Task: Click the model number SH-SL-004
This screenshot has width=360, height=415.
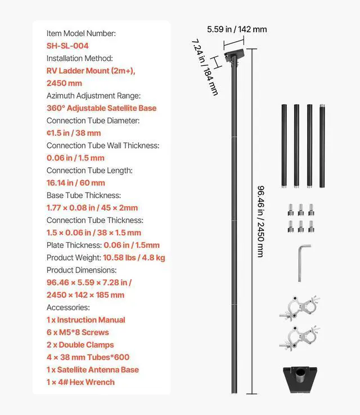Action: point(67,46)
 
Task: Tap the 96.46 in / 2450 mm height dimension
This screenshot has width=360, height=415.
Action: point(260,221)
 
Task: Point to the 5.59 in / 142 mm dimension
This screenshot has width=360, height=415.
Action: point(237,29)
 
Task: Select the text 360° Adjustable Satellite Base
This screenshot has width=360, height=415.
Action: point(101,108)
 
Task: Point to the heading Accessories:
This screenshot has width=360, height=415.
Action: point(68,307)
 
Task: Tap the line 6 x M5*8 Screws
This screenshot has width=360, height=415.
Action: point(78,332)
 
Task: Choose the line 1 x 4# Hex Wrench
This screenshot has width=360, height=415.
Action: point(80,382)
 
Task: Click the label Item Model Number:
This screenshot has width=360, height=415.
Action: point(81,33)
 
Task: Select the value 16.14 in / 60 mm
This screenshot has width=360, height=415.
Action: point(76,182)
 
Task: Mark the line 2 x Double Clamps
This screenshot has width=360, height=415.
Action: point(80,345)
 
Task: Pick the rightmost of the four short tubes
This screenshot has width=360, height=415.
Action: point(323,145)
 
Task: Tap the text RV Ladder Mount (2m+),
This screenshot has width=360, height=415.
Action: point(91,71)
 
